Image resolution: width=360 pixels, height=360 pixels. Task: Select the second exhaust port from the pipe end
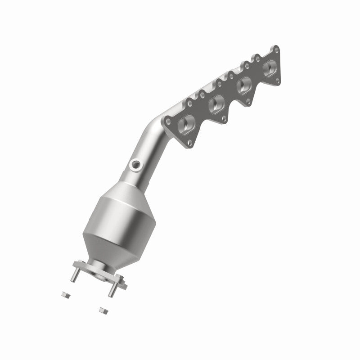[x=217, y=104]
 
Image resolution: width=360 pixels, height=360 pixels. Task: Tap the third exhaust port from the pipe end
[x=245, y=84]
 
